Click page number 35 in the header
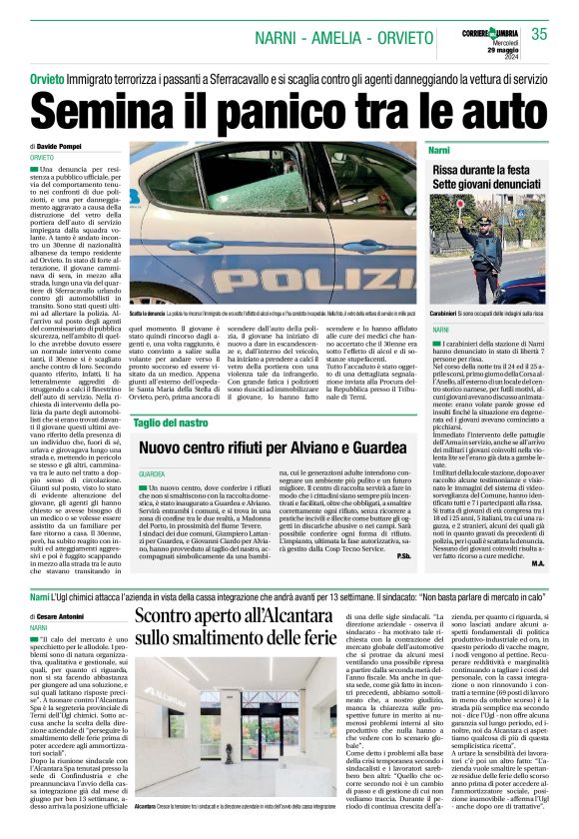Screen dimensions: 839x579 [540, 34]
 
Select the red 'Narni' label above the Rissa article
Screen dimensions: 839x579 [439, 149]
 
